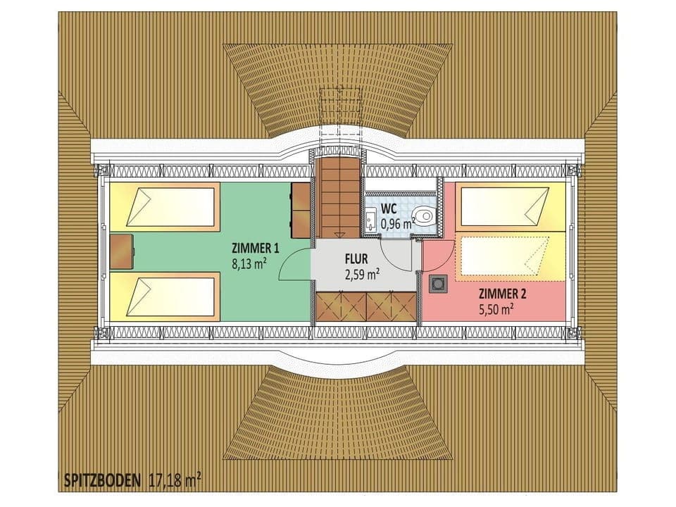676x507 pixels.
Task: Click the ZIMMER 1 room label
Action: (256, 248)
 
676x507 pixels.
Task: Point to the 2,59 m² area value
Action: (363, 274)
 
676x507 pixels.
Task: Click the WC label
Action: (389, 209)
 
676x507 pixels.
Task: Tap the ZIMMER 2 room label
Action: (502, 294)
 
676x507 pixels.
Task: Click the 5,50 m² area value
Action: (496, 309)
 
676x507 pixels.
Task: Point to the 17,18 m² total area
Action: (175, 482)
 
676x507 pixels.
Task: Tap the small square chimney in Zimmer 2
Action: (437, 283)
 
